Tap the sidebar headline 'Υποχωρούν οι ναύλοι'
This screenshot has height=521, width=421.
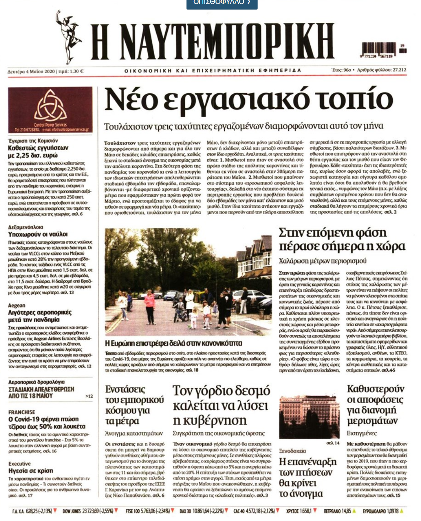pyautogui.click(x=38, y=234)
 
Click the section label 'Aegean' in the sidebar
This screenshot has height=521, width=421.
pyautogui.click(x=17, y=305)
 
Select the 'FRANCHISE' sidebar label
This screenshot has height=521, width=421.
pyautogui.click(x=22, y=412)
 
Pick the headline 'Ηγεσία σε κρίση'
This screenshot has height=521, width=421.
pyautogui.click(x=31, y=471)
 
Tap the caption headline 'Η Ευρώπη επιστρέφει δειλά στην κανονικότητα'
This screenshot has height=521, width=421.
pyautogui.click(x=173, y=343)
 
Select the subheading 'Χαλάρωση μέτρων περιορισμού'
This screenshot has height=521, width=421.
pyautogui.click(x=322, y=261)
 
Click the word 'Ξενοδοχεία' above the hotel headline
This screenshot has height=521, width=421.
pyautogui.click(x=292, y=451)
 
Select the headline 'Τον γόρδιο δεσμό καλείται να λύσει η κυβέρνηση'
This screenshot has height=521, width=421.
pyautogui.click(x=221, y=406)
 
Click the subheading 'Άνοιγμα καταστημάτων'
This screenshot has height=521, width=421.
pyautogui.click(x=134, y=433)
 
